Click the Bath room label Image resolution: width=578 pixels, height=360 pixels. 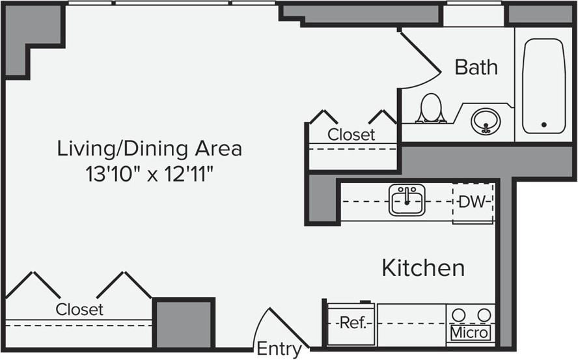[x=476, y=67]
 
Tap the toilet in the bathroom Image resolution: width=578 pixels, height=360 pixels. [x=430, y=109]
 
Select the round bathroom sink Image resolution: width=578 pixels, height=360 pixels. [x=486, y=121]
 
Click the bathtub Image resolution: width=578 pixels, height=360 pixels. [x=544, y=85]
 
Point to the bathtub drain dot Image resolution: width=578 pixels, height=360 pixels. [x=544, y=124]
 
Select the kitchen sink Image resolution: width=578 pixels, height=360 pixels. [x=407, y=200]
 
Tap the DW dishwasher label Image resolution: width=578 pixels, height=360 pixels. [x=472, y=202]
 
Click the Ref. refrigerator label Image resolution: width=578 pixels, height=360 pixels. [x=350, y=323]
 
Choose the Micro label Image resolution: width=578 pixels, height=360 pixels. [x=470, y=333]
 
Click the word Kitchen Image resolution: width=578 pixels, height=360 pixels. [x=423, y=268]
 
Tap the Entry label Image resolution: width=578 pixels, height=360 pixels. [x=279, y=349]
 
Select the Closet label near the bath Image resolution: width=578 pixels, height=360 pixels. [x=351, y=135]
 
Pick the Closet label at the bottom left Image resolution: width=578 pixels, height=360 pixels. [x=79, y=309]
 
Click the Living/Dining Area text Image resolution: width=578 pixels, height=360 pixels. [x=150, y=148]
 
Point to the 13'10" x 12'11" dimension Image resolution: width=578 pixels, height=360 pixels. [x=149, y=174]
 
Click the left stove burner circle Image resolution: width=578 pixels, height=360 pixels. [x=459, y=315]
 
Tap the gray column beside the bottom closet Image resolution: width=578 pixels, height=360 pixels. [x=184, y=324]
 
